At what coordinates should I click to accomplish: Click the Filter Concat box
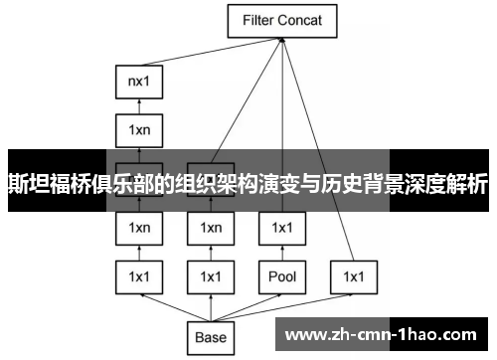click(282, 19)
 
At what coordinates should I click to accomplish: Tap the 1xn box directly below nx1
click(138, 128)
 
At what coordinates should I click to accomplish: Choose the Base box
click(210, 337)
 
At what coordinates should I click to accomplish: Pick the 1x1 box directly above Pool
click(281, 228)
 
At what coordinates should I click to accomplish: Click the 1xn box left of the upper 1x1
click(210, 228)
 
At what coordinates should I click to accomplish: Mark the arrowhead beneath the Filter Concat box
click(282, 40)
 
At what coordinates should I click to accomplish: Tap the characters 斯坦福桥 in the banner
click(46, 184)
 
